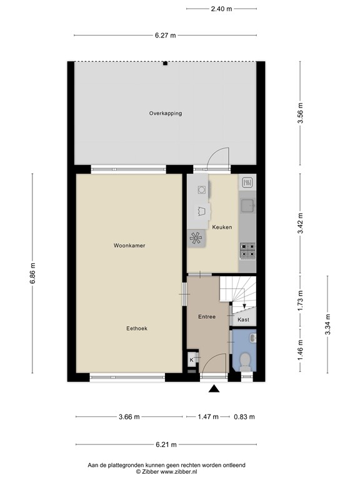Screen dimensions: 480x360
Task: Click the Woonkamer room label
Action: coord(129,246)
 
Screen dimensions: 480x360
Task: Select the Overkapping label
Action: coord(165,113)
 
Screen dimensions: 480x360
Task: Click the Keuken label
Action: coord(222,227)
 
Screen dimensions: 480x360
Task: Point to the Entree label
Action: coord(206,317)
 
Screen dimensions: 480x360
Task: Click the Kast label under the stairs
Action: coord(243,319)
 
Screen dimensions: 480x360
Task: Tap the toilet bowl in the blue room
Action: coord(244,361)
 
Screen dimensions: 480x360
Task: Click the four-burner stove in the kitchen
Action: coord(247,250)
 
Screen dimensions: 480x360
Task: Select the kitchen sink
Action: coord(247,204)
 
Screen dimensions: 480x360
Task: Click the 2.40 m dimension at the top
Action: coord(221,9)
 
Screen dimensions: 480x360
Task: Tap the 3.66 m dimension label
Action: coord(129,417)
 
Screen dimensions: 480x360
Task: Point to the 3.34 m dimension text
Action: coord(327,323)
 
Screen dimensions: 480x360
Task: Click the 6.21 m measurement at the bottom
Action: coord(166,444)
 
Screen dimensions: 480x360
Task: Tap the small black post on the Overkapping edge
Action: coord(165,63)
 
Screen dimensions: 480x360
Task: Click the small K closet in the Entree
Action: coord(191,359)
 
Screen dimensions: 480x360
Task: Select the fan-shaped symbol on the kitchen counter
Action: coord(196,237)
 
